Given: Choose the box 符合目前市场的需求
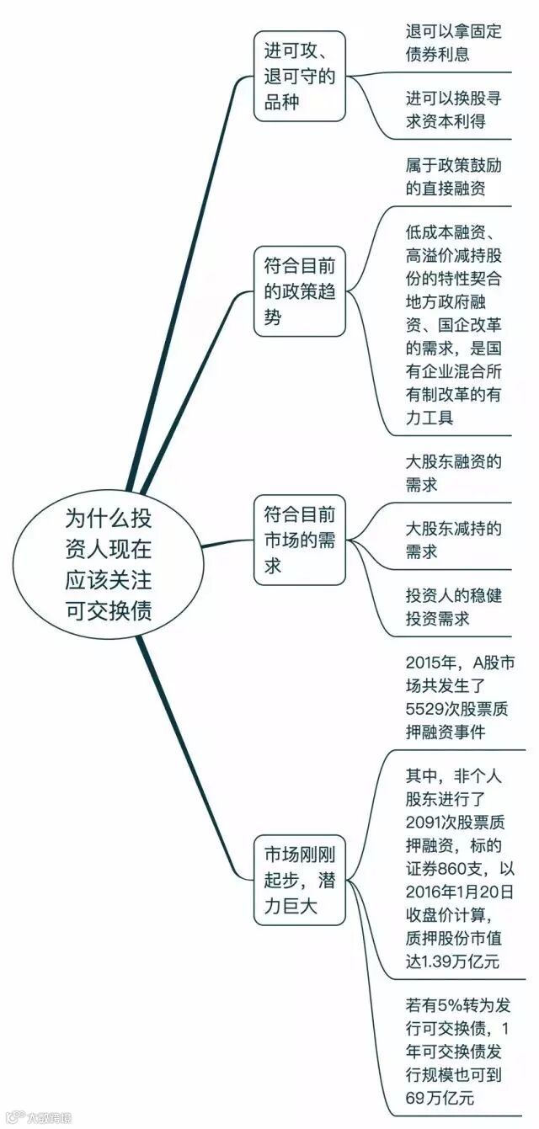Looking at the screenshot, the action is tap(300, 540).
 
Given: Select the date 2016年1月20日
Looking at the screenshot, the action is tap(460, 891).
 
